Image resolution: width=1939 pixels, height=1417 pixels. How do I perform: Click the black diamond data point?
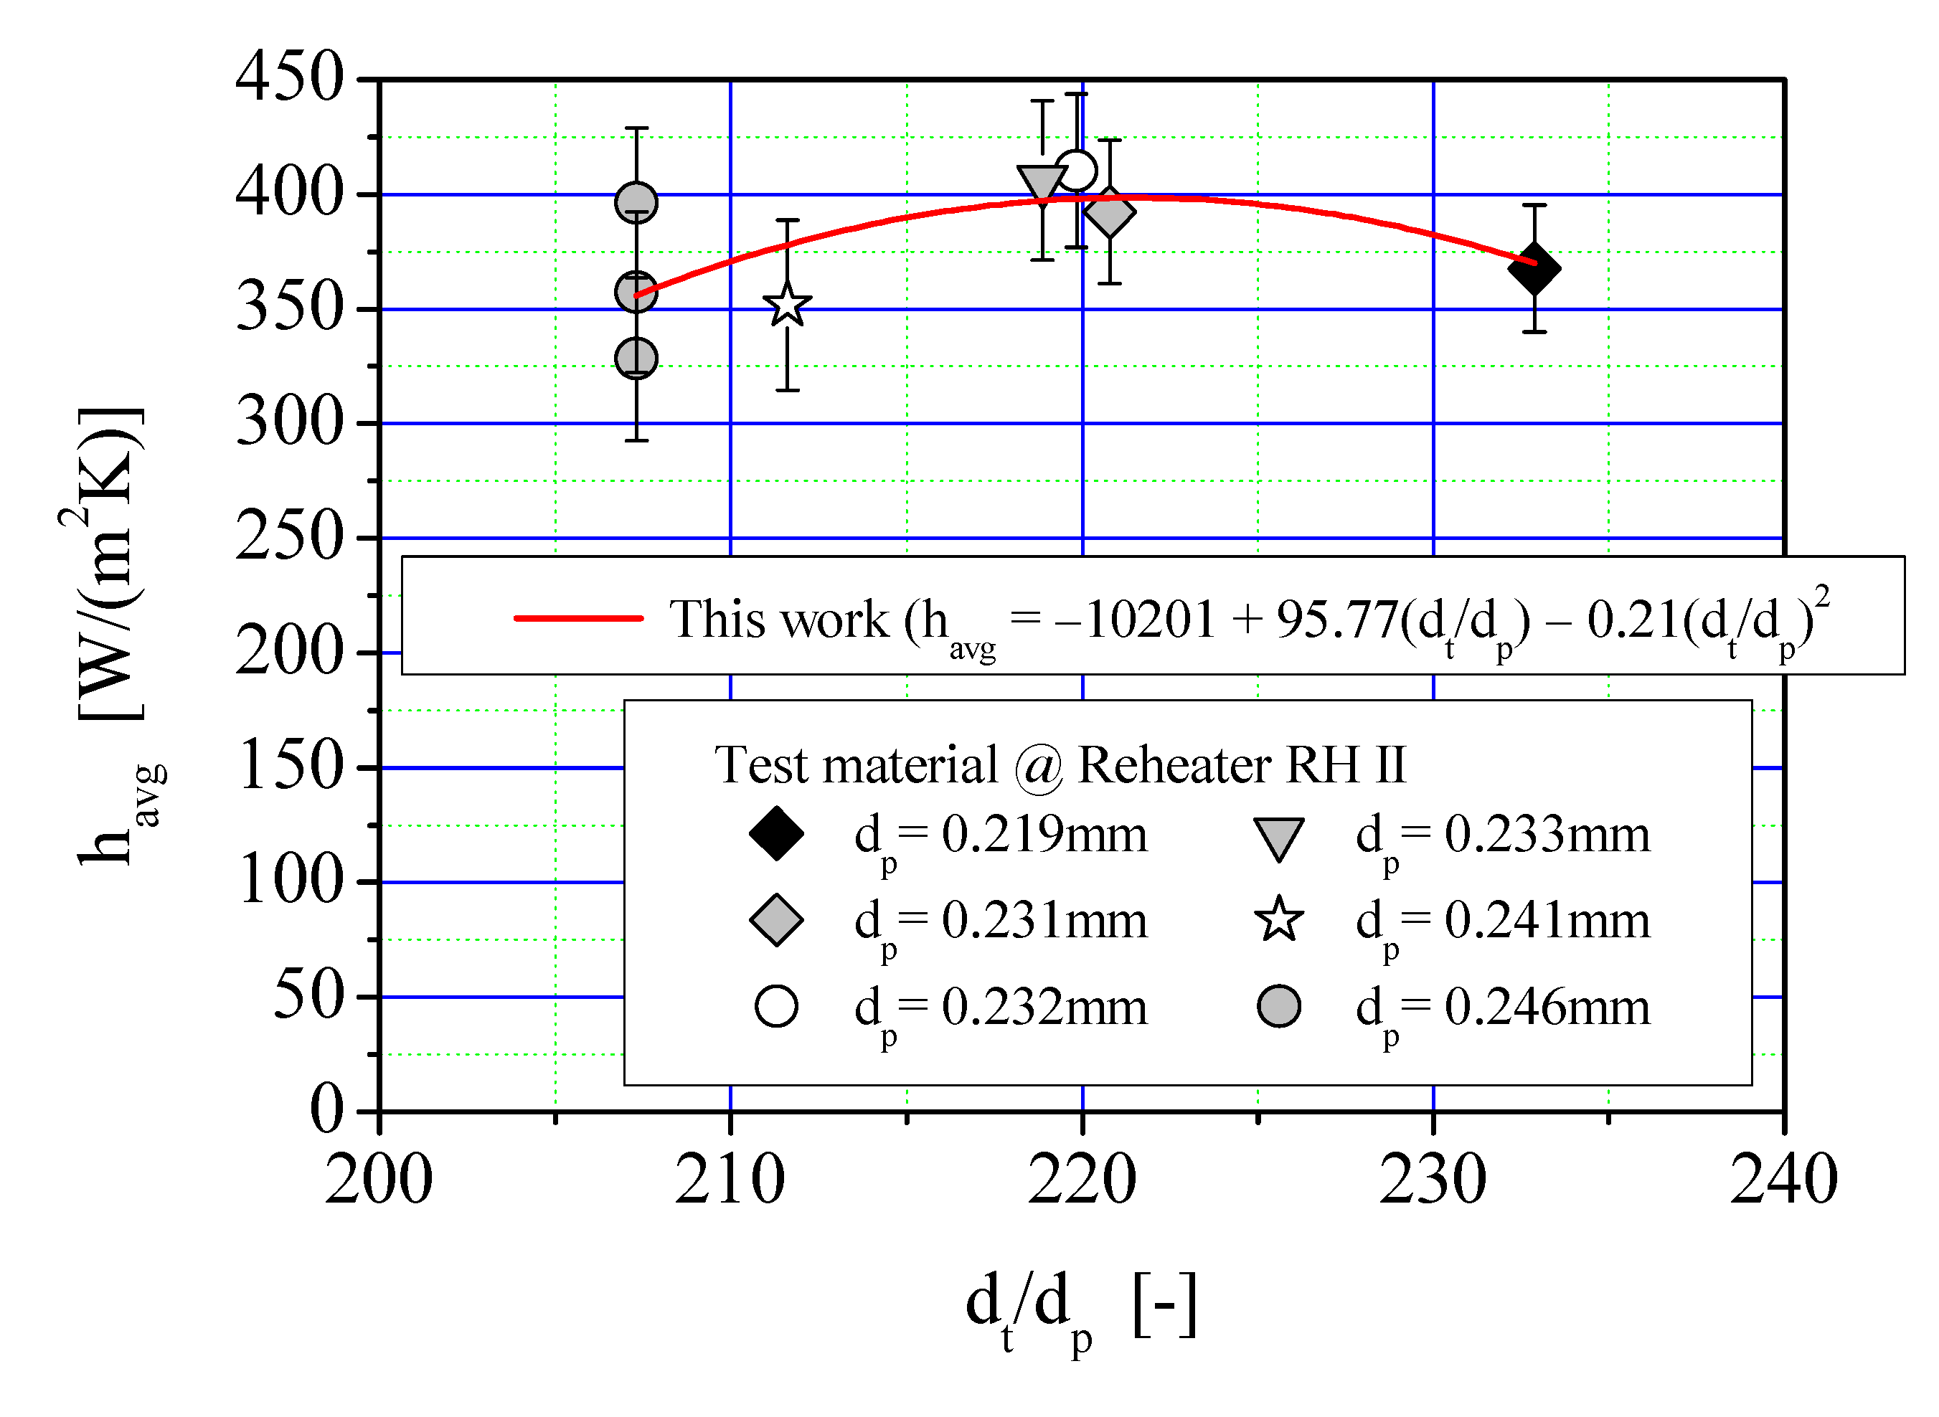(1534, 267)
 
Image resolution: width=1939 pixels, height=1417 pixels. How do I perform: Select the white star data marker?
(787, 305)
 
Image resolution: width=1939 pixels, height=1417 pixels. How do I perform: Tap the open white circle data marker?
(1076, 171)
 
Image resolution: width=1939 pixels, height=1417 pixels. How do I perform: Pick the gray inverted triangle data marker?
(1042, 184)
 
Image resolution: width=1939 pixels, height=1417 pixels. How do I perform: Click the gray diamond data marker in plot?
(1109, 213)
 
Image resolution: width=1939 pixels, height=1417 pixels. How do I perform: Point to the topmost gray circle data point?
(636, 203)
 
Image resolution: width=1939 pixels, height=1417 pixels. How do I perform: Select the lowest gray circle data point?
(636, 358)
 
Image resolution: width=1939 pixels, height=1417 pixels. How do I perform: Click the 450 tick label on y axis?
(289, 77)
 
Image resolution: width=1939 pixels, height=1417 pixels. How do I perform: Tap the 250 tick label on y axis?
(289, 537)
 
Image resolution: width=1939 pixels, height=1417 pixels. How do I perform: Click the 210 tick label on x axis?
(730, 1180)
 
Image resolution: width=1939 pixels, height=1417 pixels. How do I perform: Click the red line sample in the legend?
(578, 617)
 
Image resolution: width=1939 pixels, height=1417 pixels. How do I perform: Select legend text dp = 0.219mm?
(999, 836)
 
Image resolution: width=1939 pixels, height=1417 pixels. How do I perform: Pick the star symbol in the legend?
(1278, 919)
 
